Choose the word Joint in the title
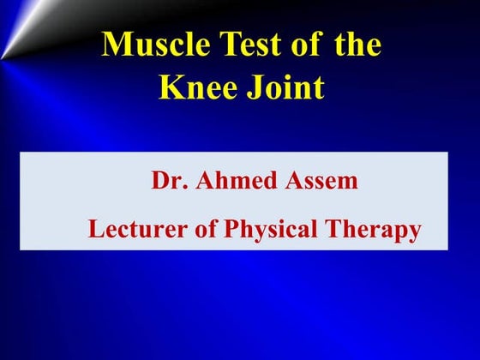(284, 87)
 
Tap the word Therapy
(375, 230)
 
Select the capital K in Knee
(166, 87)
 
